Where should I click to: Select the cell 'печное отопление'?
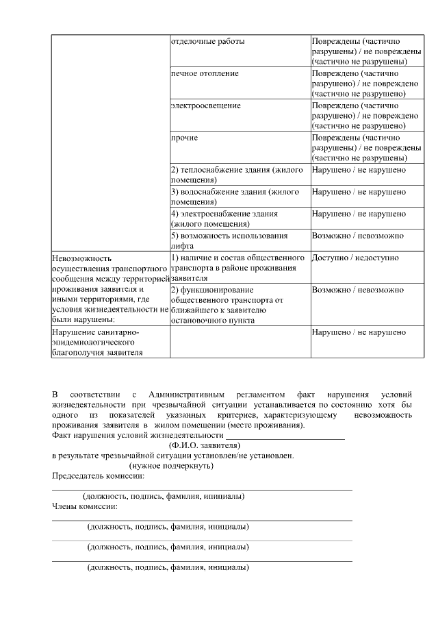[x=205, y=73]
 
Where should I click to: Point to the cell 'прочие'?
[x=184, y=138]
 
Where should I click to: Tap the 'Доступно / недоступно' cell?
[x=355, y=258]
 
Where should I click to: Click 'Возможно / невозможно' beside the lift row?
[x=358, y=236]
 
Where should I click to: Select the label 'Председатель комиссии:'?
[x=99, y=476]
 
